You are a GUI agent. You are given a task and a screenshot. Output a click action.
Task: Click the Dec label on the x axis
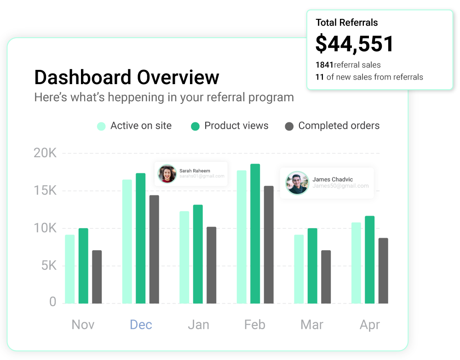point(141,325)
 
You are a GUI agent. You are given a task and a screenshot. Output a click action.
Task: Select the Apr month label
point(370,325)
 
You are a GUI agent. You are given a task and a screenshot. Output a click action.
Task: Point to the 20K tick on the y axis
point(45,153)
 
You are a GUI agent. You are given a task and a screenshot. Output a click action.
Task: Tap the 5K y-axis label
point(45,266)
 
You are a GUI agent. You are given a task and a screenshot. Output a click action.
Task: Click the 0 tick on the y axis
point(53,302)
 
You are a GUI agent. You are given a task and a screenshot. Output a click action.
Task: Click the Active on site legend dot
point(101,126)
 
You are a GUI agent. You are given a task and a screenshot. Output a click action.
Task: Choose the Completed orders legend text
point(339,126)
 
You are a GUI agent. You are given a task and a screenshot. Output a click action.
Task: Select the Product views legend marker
point(195,126)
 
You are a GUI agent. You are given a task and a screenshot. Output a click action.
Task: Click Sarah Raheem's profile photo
point(167,174)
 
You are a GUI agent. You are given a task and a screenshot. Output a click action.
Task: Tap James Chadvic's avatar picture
point(297,183)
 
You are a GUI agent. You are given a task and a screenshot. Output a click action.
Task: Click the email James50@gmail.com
point(340,186)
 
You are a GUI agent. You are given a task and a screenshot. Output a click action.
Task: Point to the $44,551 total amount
point(355,44)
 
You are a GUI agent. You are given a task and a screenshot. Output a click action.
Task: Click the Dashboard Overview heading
point(126,77)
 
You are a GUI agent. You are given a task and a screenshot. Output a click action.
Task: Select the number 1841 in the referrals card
point(324,65)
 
